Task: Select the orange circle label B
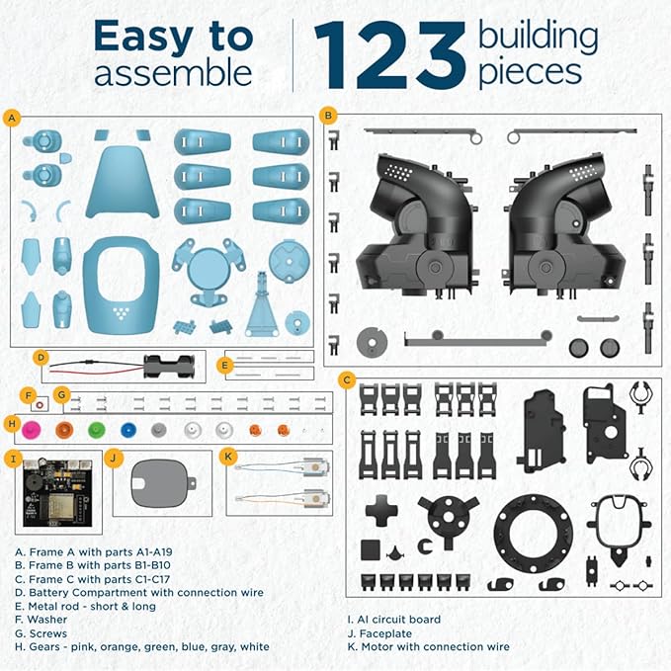328,115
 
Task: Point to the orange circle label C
346,379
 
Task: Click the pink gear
31,429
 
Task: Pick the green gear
96,430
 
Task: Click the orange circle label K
229,457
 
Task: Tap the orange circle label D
41,358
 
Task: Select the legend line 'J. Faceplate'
386,633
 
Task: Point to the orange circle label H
12,425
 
